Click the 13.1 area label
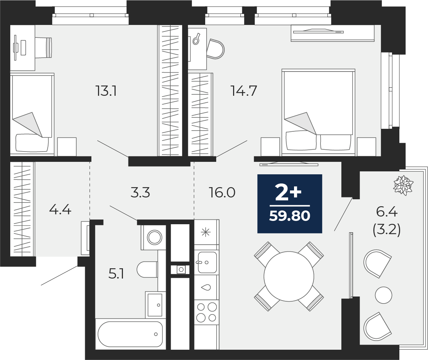point(106,91)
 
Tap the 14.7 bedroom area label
point(244,91)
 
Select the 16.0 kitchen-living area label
point(222,193)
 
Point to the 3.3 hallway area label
point(140,193)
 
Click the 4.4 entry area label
point(60,210)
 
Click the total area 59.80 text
point(290,216)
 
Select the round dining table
point(289,276)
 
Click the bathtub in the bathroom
point(130,334)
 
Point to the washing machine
point(154,237)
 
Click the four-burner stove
point(207,313)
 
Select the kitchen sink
point(207,262)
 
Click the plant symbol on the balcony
point(404,185)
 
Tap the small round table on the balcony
point(384,295)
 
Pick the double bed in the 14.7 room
point(318,112)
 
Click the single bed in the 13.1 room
point(32,114)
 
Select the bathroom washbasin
point(155,304)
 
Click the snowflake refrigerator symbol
point(206,232)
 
